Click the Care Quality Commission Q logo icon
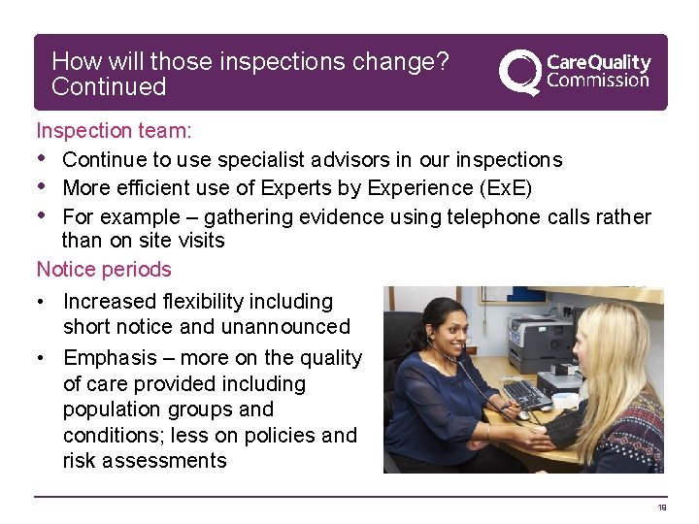[x=519, y=72]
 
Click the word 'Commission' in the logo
[x=598, y=81]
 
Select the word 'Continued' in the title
[x=109, y=87]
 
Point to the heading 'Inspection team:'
[x=114, y=131]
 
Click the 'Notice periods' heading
[x=104, y=270]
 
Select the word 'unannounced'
[x=284, y=327]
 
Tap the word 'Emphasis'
[x=106, y=358]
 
